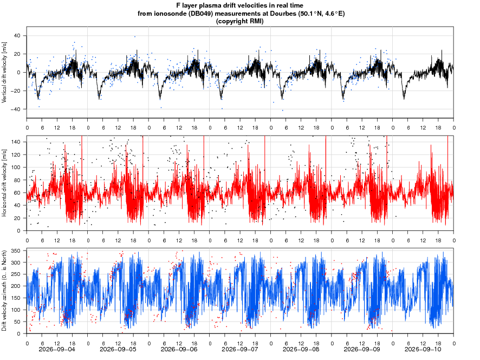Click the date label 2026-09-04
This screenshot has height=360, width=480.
(57, 349)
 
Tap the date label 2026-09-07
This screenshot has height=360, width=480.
(239, 349)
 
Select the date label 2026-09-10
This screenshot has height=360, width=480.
(423, 349)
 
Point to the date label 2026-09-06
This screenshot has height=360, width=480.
(179, 349)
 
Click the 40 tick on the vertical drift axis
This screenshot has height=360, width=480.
(17, 36)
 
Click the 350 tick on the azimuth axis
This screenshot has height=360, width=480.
(16, 250)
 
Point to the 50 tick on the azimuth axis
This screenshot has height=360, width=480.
(17, 322)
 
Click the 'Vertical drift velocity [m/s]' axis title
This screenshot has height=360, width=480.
(4, 72)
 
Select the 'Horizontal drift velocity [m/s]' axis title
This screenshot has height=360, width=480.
(4, 183)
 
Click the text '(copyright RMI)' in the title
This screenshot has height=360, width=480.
(239, 21)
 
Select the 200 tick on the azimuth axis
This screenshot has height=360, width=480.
(16, 286)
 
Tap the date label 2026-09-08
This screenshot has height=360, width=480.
(301, 349)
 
